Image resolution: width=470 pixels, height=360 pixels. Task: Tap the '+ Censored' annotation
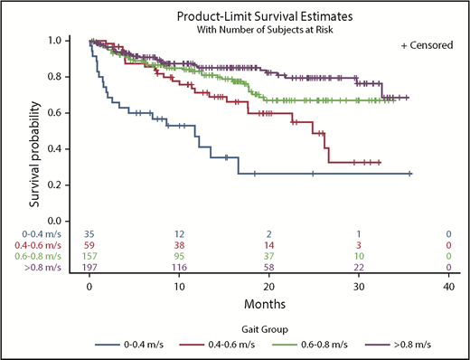427,44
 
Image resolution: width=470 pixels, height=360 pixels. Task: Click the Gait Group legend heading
268,329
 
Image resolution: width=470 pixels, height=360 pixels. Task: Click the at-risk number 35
89,235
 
